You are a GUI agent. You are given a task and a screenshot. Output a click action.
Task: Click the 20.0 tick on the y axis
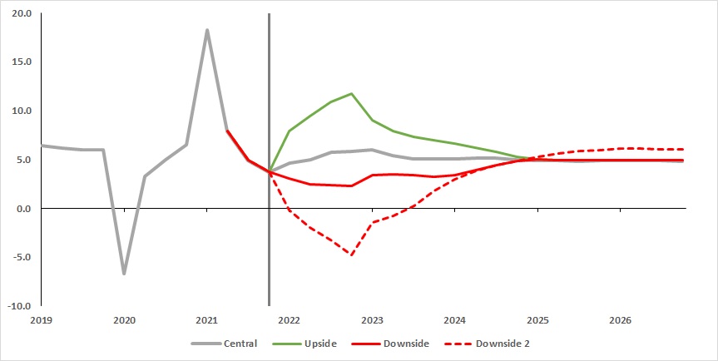click(x=22, y=14)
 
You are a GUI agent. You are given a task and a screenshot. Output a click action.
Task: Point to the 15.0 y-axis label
click(x=22, y=62)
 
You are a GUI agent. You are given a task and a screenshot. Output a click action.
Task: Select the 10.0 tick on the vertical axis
click(x=22, y=111)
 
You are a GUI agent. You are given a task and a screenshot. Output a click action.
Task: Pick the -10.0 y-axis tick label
click(x=20, y=305)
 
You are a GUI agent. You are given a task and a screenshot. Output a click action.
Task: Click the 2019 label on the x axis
click(x=42, y=320)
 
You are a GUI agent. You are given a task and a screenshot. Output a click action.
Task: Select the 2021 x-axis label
click(x=206, y=320)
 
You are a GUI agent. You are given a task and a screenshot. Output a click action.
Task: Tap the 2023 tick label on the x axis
click(x=372, y=320)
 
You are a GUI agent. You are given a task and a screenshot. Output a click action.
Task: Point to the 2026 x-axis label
click(x=620, y=320)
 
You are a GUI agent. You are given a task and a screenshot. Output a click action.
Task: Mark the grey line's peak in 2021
click(x=206, y=30)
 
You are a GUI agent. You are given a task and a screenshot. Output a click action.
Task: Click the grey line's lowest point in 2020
click(x=124, y=273)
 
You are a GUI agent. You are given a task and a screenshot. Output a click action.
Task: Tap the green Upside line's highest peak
click(x=352, y=94)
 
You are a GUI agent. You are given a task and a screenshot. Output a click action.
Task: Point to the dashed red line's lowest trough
click(x=352, y=255)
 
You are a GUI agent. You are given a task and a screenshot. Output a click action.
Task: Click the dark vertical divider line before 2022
click(x=269, y=166)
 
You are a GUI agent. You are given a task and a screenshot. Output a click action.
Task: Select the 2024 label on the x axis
click(x=454, y=320)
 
